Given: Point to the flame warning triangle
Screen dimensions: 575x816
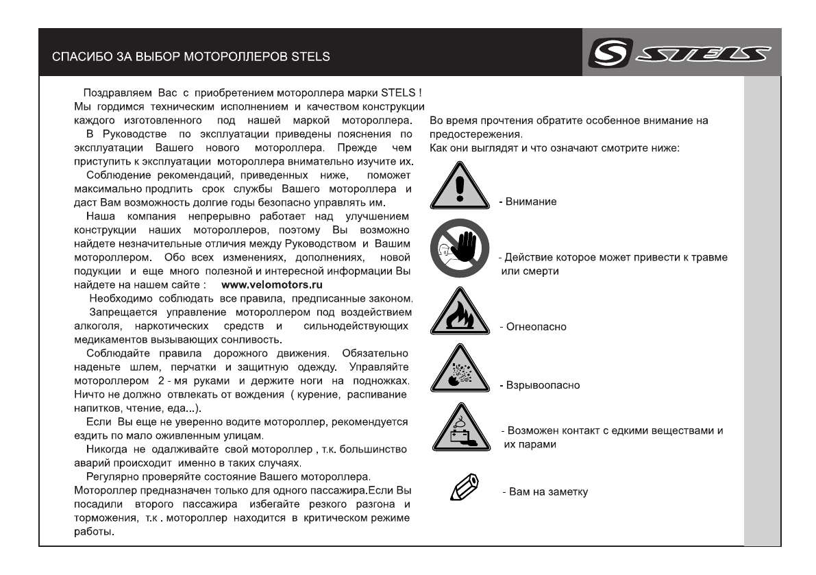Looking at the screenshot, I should [x=460, y=315].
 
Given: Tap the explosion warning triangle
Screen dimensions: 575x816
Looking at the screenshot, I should [x=460, y=373].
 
